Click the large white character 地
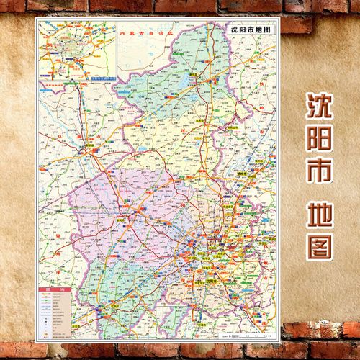tap(317, 214)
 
